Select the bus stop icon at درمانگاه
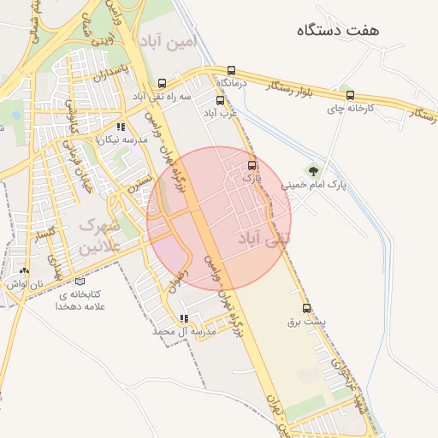pyautogui.click(x=232, y=70)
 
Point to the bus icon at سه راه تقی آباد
pyautogui.click(x=163, y=84)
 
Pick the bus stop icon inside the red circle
pyautogui.click(x=251, y=166)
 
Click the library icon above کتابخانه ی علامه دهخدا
pyautogui.click(x=80, y=281)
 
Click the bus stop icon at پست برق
pyautogui.click(x=306, y=309)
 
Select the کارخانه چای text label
pyautogui.click(x=352, y=109)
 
